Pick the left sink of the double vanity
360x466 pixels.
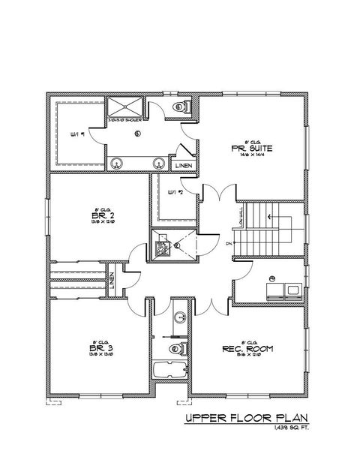coord(117,163)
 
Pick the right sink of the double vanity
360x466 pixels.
coord(158,163)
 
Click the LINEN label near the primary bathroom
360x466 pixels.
coord(183,165)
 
